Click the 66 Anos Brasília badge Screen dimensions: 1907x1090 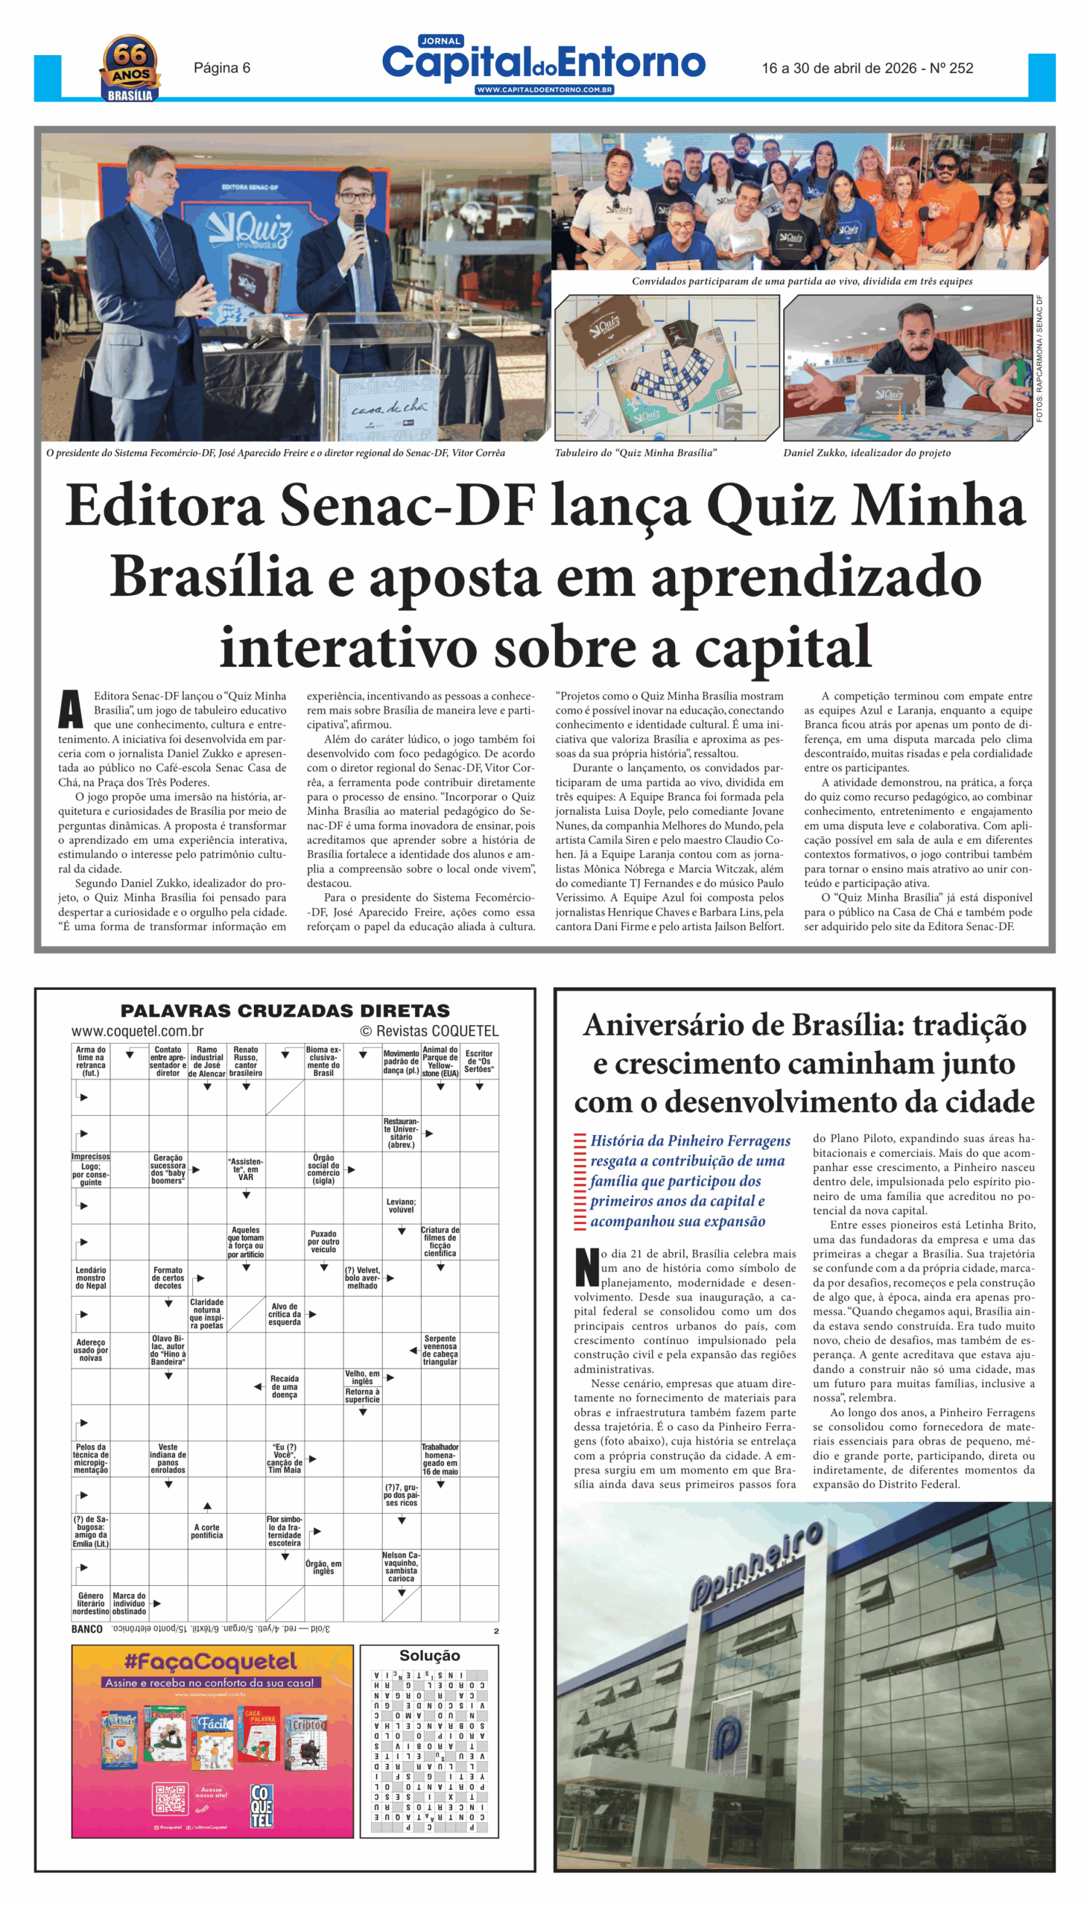click(130, 69)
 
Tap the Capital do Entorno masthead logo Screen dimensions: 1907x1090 click(543, 64)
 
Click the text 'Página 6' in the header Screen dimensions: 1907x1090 click(221, 68)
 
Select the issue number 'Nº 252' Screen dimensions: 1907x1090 click(951, 68)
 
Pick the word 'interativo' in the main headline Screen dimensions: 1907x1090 click(348, 648)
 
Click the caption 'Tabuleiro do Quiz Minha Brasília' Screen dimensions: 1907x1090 click(636, 453)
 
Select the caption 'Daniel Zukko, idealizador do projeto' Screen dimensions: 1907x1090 click(867, 453)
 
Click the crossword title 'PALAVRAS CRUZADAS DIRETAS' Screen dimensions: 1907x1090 click(285, 1010)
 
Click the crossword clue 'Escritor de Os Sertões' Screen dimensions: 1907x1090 click(479, 1061)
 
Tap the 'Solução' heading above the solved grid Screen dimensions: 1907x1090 click(429, 1655)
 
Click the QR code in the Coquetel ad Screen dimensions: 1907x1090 click(171, 1798)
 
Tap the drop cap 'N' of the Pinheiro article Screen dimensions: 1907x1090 click(586, 1267)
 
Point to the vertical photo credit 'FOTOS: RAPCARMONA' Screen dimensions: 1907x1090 click(1039, 359)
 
